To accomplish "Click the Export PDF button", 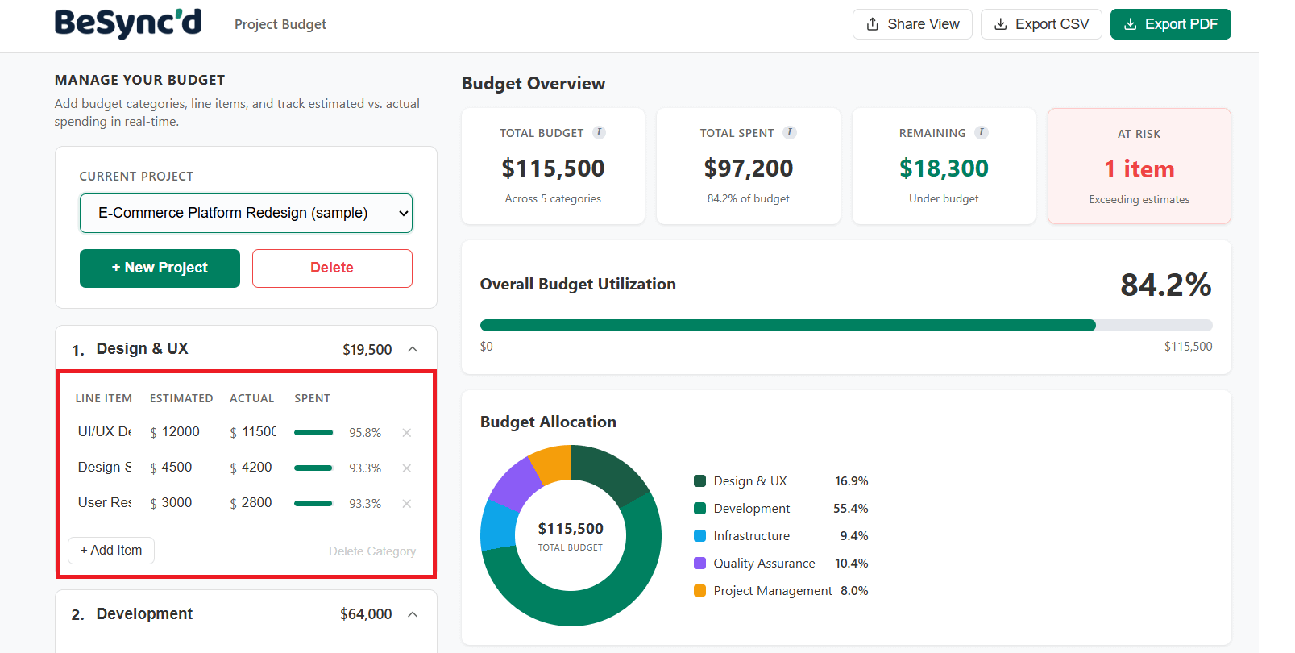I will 1170,24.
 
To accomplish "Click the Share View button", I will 912,24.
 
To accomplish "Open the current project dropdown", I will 246,213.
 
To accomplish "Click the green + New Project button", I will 160,268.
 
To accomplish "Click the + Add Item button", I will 111,550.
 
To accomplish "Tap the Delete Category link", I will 372,551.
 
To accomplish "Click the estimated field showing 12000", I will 181,432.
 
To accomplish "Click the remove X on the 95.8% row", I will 407,433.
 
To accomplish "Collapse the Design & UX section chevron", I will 413,349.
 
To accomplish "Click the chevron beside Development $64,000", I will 413,614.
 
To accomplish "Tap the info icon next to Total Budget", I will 599,133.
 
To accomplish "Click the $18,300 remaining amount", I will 944,168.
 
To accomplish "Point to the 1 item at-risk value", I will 1139,169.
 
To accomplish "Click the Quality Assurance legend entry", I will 763,564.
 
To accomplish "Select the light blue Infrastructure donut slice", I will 498,526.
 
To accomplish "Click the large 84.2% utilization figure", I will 1165,285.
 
